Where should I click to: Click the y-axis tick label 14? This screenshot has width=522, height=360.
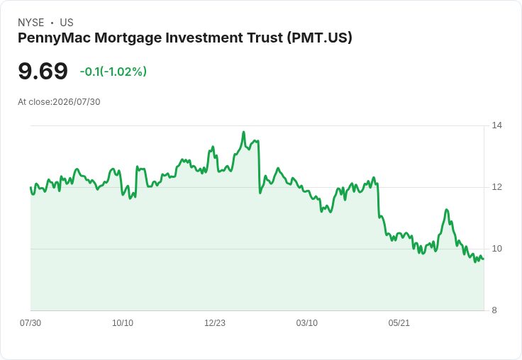click(496, 125)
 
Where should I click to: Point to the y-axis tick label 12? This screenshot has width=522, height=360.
click(496, 187)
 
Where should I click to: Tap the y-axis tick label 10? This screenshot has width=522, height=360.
click(496, 249)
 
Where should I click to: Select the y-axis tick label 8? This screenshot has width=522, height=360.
click(494, 310)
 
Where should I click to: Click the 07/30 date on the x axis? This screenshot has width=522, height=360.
click(30, 322)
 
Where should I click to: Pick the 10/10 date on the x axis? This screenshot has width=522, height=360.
click(123, 322)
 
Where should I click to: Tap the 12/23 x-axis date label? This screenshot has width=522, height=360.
click(215, 322)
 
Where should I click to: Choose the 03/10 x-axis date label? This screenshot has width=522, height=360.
click(306, 322)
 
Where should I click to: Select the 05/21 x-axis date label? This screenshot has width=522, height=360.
click(399, 322)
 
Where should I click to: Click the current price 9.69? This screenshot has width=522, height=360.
click(43, 71)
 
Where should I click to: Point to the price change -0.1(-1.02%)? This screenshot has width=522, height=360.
click(113, 72)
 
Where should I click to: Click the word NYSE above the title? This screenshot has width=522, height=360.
click(31, 23)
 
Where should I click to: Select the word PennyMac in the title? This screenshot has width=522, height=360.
click(55, 38)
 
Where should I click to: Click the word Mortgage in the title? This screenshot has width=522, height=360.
click(128, 38)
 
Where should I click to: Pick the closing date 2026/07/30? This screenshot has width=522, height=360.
click(77, 102)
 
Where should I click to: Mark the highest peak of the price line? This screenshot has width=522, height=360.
click(244, 132)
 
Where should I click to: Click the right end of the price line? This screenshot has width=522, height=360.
click(484, 259)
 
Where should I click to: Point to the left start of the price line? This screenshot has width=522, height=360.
click(30, 187)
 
